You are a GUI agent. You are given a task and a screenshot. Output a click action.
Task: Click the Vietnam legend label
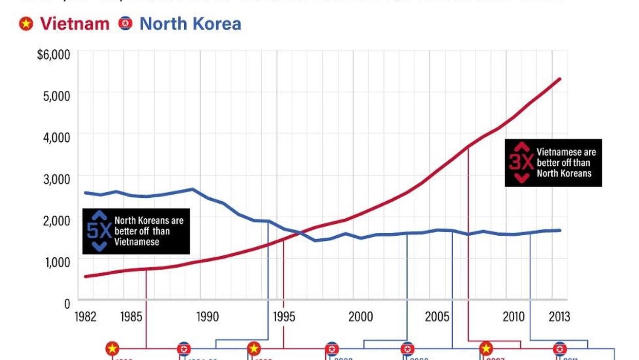[x=74, y=24]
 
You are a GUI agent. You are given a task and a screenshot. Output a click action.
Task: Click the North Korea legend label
[x=190, y=24]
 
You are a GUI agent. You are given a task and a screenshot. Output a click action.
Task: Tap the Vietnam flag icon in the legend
[x=26, y=24]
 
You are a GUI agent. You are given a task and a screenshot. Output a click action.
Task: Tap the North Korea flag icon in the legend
[x=125, y=24]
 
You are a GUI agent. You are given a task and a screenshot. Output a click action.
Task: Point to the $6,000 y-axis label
[x=53, y=54]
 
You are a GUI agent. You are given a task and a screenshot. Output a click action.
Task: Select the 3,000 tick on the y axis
[x=56, y=179]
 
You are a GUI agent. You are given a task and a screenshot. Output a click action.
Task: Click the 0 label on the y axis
[x=67, y=304]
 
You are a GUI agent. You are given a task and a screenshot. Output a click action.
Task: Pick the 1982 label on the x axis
[x=86, y=316]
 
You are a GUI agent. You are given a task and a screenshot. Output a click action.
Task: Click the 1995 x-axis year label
[x=284, y=316]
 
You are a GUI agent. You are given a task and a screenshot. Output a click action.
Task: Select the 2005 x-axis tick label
[x=437, y=316]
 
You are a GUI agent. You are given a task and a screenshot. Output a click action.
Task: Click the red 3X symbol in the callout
[x=521, y=163]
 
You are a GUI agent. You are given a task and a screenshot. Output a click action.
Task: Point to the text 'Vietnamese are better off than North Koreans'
[x=566, y=163]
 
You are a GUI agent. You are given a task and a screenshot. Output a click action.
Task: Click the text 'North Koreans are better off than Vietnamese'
[x=149, y=231]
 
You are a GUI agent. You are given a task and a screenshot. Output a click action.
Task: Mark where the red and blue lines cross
[x=299, y=234]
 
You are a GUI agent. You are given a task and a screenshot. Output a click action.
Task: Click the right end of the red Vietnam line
[x=560, y=79]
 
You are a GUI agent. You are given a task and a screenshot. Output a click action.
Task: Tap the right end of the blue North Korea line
[x=560, y=230]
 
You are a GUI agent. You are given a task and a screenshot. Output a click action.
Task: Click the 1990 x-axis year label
[x=207, y=316]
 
